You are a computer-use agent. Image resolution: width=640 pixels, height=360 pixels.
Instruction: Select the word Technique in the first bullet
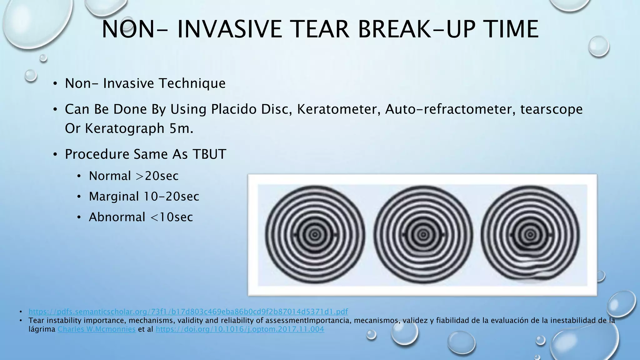pyautogui.click(x=192, y=83)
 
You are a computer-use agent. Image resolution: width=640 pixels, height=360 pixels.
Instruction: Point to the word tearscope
pyautogui.click(x=551, y=109)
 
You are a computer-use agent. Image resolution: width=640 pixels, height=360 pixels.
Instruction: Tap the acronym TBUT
pyautogui.click(x=209, y=154)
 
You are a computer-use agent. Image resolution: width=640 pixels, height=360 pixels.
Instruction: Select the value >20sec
pyautogui.click(x=157, y=176)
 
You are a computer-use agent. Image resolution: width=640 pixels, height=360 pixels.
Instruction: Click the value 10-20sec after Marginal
pyautogui.click(x=171, y=197)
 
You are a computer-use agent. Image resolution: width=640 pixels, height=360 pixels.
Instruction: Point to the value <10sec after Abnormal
pyautogui.click(x=172, y=217)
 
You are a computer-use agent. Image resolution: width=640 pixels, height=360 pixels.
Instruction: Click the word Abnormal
pyautogui.click(x=117, y=217)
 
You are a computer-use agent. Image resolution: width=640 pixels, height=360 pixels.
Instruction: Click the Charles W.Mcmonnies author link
pyautogui.click(x=97, y=329)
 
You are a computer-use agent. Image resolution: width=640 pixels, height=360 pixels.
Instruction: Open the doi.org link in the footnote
pyautogui.click(x=240, y=329)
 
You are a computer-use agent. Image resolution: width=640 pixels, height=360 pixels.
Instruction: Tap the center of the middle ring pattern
pyautogui.click(x=423, y=234)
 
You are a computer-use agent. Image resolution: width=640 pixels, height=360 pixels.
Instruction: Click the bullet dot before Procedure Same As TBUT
pyautogui.click(x=55, y=154)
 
